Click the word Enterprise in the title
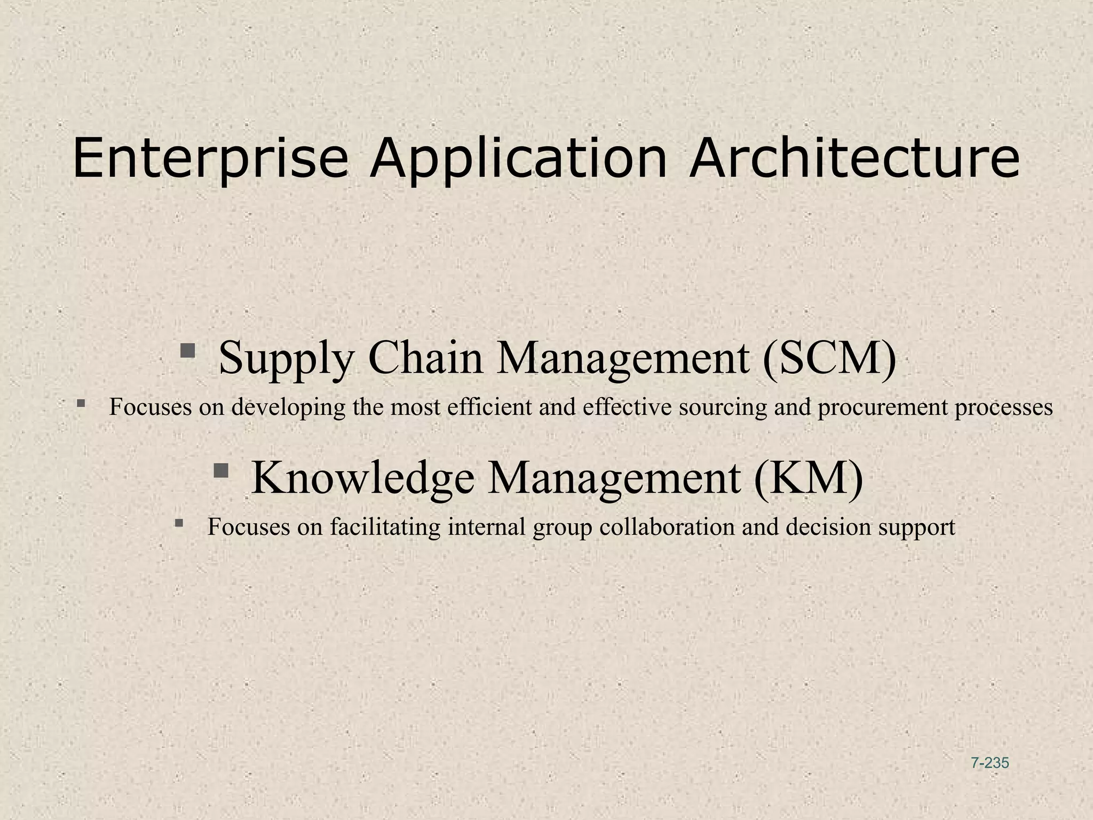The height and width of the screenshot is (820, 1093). pyautogui.click(x=210, y=159)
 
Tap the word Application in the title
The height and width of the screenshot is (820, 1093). pyautogui.click(x=518, y=159)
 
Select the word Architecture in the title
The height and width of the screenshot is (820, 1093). pyautogui.click(x=854, y=158)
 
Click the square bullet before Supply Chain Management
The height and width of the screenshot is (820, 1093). pyautogui.click(x=187, y=351)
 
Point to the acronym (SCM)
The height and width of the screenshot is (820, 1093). pyautogui.click(x=829, y=358)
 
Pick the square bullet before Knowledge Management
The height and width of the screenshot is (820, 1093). pyautogui.click(x=220, y=470)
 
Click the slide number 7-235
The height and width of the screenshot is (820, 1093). pyautogui.click(x=990, y=763)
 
